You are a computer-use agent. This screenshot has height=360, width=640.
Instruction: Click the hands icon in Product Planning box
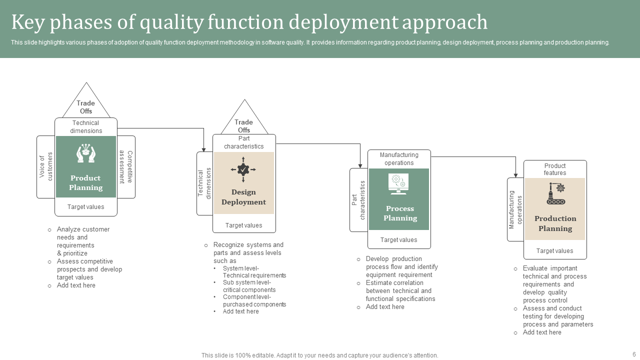86,153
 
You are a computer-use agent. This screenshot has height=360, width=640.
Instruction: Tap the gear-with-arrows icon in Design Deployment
243,169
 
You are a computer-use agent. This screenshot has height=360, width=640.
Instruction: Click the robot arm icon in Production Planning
555,193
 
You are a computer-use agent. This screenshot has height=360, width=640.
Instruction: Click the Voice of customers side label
46,166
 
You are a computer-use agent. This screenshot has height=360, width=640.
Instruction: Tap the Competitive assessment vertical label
126,167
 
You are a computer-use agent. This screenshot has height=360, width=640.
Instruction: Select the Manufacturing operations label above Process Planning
399,159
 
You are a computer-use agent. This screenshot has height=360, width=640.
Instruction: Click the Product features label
555,169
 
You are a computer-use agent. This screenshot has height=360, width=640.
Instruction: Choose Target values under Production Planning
555,251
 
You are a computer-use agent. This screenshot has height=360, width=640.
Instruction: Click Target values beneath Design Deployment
243,225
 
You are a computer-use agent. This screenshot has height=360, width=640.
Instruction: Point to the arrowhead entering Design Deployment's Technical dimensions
204,149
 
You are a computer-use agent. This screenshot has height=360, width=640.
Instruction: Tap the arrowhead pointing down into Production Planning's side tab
516,174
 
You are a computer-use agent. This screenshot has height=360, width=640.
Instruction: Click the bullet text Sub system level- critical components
249,286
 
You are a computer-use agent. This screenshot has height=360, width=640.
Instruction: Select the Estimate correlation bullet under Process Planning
400,291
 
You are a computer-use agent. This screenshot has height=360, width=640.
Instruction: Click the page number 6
634,354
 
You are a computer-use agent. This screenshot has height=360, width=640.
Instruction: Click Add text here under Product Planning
76,285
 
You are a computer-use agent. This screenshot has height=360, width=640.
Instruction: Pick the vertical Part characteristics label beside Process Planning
358,200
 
